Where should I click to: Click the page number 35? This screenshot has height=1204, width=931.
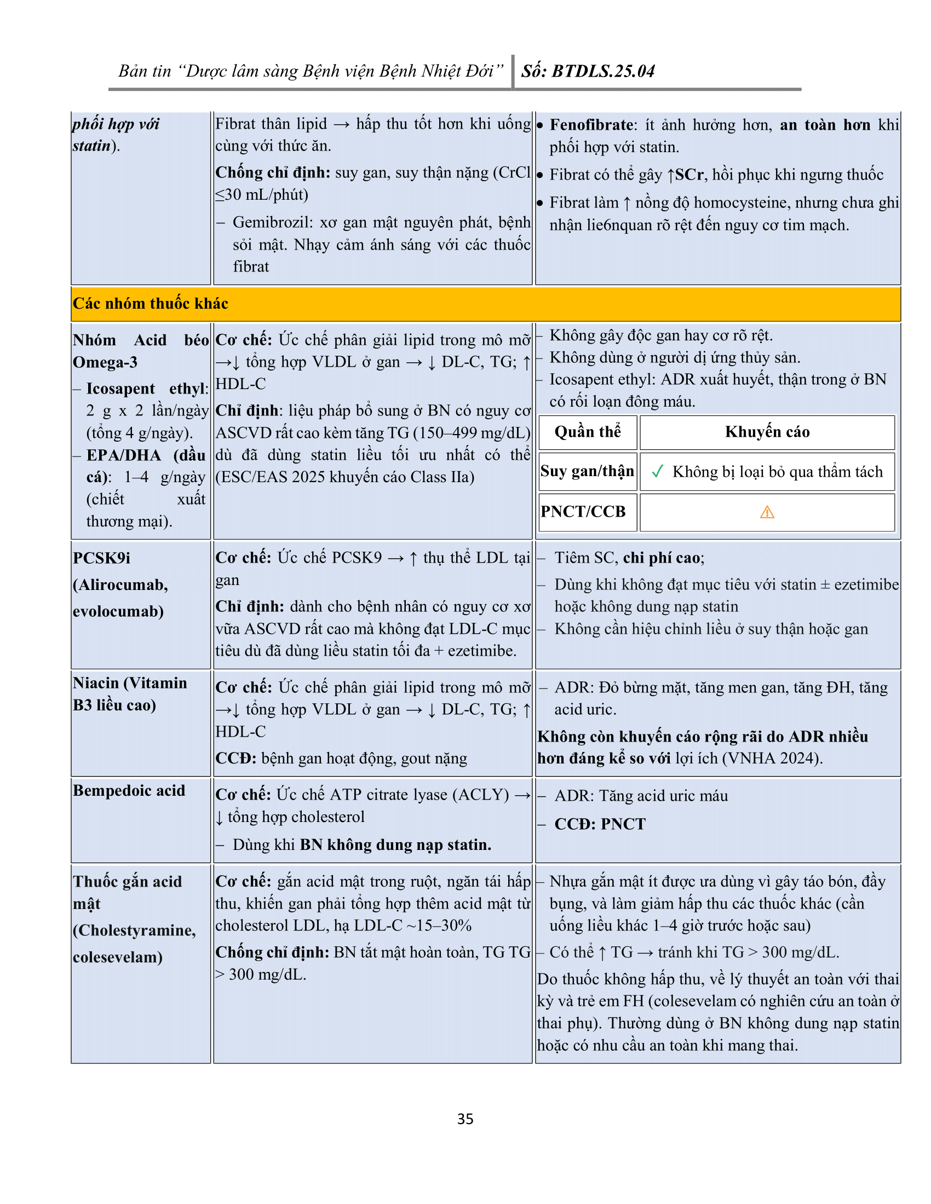click(x=465, y=1119)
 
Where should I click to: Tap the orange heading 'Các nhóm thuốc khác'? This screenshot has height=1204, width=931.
click(x=150, y=304)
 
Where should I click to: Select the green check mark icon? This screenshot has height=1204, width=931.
click(x=657, y=471)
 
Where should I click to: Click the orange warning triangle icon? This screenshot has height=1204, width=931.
click(x=767, y=513)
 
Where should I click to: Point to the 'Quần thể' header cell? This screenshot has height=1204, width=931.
click(x=588, y=432)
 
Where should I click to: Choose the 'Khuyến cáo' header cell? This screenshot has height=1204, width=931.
click(x=767, y=432)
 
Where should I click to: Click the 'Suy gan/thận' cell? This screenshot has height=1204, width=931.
click(x=588, y=471)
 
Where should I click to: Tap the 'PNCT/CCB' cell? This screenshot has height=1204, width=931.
click(x=583, y=512)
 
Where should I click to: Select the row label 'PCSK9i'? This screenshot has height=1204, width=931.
click(x=101, y=558)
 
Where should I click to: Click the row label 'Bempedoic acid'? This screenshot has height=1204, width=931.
click(x=129, y=791)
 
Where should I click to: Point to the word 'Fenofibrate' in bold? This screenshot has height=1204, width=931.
click(x=591, y=125)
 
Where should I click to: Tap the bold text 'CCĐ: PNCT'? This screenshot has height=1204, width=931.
click(x=600, y=824)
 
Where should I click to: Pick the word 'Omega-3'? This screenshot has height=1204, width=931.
click(x=105, y=362)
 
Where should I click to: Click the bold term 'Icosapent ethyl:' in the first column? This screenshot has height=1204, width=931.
click(x=147, y=389)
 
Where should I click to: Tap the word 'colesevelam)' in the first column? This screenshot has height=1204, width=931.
click(x=118, y=957)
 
